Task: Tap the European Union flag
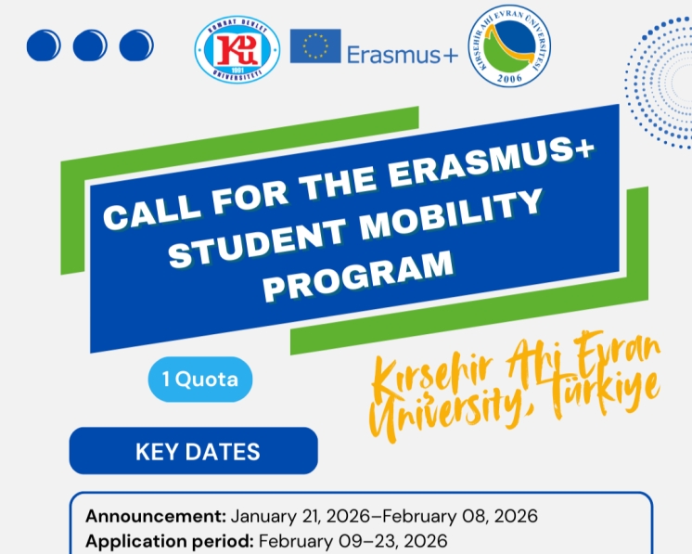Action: click(x=314, y=46)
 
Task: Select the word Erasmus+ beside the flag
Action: click(x=402, y=54)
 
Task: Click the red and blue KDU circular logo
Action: click(x=236, y=49)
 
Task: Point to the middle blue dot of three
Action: click(x=90, y=45)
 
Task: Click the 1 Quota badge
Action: click(x=199, y=379)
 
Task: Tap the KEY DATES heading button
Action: click(x=193, y=452)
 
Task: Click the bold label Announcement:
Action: click(x=156, y=516)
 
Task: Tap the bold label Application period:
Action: click(x=170, y=540)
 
